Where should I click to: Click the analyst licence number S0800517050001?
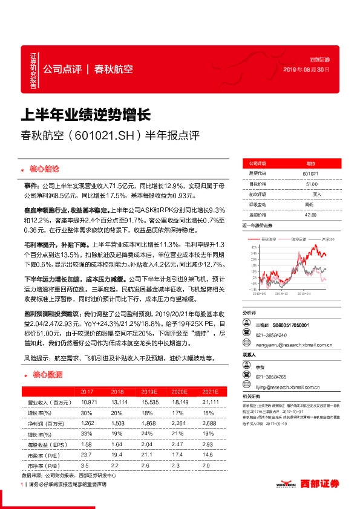[290, 325]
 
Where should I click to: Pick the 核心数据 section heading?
[45, 374]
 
